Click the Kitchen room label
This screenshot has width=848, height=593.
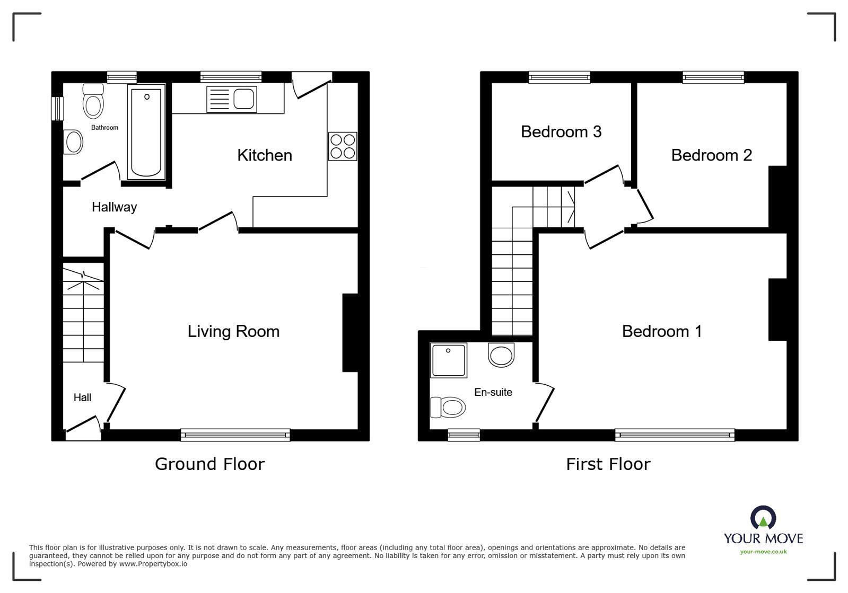click(x=264, y=155)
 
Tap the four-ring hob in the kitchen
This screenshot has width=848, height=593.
click(x=343, y=146)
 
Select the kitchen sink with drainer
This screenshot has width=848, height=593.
click(x=232, y=99)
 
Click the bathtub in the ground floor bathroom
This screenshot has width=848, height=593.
click(x=146, y=132)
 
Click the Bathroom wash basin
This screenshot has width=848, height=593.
click(x=73, y=142)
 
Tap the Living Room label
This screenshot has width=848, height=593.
click(x=233, y=331)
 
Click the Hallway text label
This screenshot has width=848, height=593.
click(x=114, y=207)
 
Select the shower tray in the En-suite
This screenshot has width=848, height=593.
click(x=449, y=360)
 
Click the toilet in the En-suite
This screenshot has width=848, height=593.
click(x=448, y=408)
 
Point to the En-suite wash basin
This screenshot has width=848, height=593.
click(x=501, y=355)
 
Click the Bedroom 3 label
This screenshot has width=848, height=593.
click(x=561, y=131)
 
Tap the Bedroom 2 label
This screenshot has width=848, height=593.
click(x=711, y=155)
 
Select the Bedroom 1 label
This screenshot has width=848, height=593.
click(x=661, y=331)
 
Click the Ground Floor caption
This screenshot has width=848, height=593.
click(x=209, y=464)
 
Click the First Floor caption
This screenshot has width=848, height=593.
click(x=608, y=464)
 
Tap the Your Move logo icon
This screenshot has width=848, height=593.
click(x=763, y=518)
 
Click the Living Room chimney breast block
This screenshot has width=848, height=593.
click(x=351, y=333)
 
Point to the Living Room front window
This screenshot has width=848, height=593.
click(x=235, y=435)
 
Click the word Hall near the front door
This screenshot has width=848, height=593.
click(x=82, y=397)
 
